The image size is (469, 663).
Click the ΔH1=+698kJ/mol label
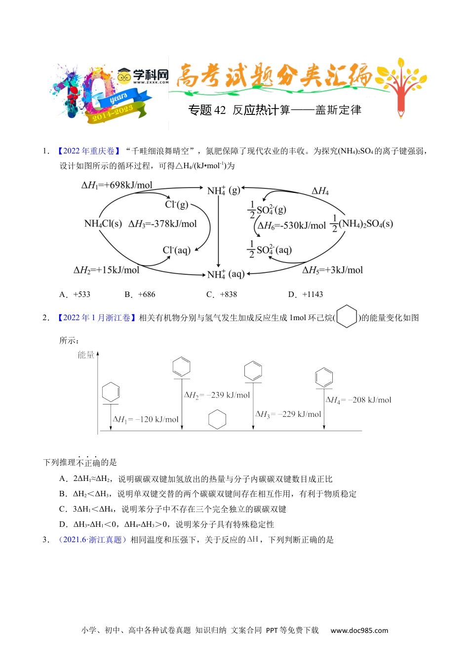click(117, 185)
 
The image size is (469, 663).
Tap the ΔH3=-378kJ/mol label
click(162, 224)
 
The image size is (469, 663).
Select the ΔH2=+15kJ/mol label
click(107, 270)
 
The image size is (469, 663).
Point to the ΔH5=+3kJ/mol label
click(332, 270)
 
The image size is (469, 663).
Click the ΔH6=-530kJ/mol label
click(292, 226)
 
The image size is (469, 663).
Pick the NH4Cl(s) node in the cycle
click(103, 224)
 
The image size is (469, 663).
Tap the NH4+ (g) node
click(223, 190)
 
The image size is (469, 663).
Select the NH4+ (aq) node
click(226, 274)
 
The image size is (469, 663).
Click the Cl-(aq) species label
click(176, 251)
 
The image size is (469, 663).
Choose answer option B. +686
click(140, 295)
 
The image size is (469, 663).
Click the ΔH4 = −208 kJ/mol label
click(358, 400)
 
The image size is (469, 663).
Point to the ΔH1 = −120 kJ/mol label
click(146, 419)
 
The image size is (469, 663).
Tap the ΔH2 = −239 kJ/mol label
click(217, 395)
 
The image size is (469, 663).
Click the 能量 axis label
click(86, 355)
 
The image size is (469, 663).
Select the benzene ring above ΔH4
click(324, 377)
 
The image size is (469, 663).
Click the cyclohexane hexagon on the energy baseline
click(217, 420)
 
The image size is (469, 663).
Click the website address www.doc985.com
click(359, 630)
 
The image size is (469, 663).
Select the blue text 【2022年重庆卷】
click(88, 151)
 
